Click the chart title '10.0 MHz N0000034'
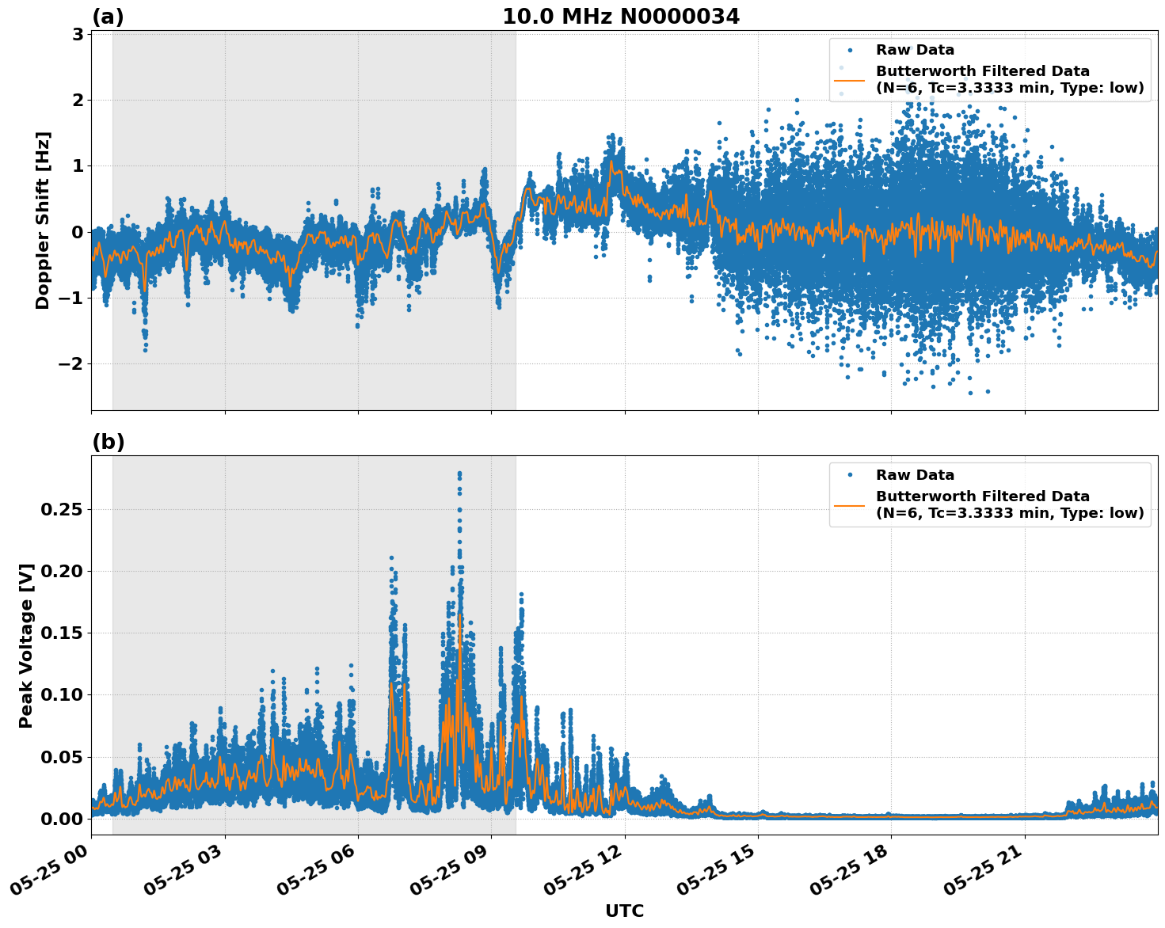coord(621,17)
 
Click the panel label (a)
coord(108,17)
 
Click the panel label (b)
coord(108,442)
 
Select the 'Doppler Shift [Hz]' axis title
coord(43,220)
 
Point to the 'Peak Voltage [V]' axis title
coord(26,645)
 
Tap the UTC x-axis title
coord(624,911)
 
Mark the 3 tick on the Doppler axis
coord(78,34)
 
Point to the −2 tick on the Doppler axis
coord(73,364)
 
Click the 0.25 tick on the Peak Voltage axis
coord(61,509)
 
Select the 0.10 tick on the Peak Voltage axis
coord(61,694)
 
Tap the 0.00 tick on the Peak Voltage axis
coord(61,818)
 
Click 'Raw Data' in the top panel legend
coord(915,50)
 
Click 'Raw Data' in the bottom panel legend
coord(915,475)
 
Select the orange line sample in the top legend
coord(849,80)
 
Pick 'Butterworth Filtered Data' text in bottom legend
coord(982,496)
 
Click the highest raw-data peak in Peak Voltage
coord(459,474)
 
